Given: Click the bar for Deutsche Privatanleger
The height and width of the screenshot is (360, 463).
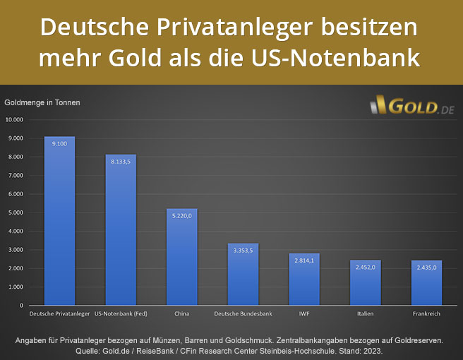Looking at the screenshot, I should (x=59, y=226).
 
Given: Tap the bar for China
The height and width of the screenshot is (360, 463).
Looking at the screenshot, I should (x=181, y=261).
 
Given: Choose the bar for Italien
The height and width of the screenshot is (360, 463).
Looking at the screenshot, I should (x=365, y=287).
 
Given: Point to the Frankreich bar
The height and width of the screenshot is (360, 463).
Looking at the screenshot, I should (x=426, y=287).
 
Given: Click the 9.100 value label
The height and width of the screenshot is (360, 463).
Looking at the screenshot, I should (x=59, y=143).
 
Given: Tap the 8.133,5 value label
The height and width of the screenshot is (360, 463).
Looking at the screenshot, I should (x=121, y=162).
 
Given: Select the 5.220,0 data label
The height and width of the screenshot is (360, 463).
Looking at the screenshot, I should (x=181, y=216).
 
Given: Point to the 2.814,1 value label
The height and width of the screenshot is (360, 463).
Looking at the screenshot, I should (x=304, y=260).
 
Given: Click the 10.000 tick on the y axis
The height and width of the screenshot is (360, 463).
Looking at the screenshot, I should (x=15, y=119).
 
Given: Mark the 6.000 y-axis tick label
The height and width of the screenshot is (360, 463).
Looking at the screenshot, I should (x=16, y=194).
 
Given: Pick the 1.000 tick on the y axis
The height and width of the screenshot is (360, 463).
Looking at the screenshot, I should (x=16, y=287).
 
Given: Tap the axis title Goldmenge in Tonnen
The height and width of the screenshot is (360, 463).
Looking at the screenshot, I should (x=42, y=102).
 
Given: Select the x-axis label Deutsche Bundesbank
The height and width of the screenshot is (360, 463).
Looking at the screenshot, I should (x=243, y=313).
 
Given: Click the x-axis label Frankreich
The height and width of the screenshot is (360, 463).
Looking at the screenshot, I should (x=426, y=313).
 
